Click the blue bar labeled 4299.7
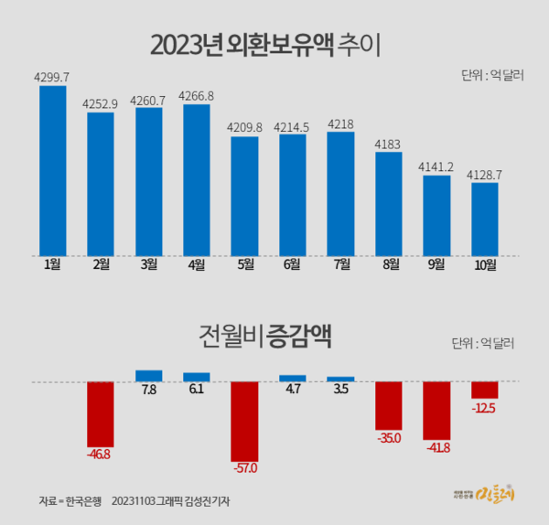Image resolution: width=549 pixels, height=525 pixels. click(x=52, y=170)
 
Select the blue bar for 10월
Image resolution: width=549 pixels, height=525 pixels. click(x=484, y=219)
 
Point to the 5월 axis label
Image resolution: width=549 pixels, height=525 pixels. click(x=244, y=266)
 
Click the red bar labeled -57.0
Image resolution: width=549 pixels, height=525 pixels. click(x=244, y=421)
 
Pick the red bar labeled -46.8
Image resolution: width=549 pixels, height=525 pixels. click(x=101, y=413)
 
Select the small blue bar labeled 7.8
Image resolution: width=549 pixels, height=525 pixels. click(x=148, y=375)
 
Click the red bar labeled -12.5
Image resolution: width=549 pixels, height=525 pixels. click(x=484, y=390)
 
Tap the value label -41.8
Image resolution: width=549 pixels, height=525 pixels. click(x=436, y=447)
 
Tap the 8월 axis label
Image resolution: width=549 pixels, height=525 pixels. click(x=388, y=266)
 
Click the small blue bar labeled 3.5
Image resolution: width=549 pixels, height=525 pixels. click(x=340, y=378)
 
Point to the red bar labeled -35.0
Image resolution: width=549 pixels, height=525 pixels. click(x=388, y=405)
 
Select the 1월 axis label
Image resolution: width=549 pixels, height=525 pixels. click(x=52, y=266)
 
